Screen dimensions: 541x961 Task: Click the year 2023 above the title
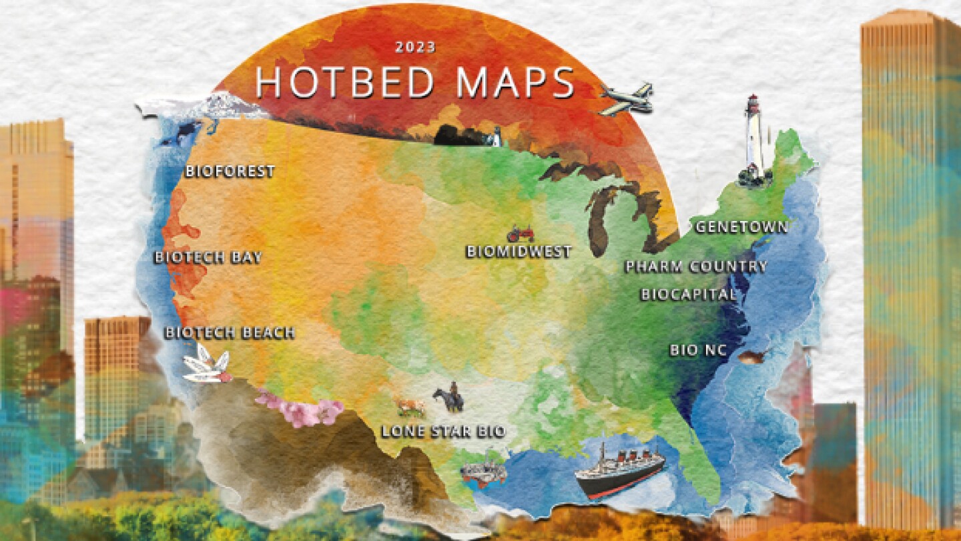415,47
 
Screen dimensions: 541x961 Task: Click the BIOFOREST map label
230,172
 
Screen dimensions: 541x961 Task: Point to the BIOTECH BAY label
208,258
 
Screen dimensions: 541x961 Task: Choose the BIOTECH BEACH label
230,333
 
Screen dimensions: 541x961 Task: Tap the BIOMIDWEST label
519,252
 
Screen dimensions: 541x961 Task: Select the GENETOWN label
741,227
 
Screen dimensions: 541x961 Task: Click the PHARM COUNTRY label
696,267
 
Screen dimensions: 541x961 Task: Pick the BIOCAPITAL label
689,295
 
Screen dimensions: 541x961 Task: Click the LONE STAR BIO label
443,431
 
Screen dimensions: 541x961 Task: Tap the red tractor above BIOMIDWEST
521,234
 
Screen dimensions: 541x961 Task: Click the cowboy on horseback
448,398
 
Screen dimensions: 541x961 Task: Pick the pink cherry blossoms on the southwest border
300,408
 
